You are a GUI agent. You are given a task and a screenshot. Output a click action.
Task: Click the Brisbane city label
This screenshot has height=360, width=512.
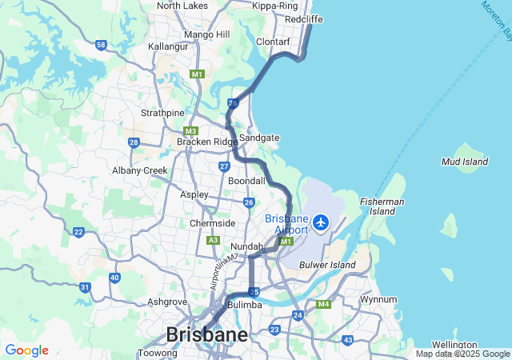[206, 334]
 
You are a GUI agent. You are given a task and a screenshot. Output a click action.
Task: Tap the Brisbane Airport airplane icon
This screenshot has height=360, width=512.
[322, 222]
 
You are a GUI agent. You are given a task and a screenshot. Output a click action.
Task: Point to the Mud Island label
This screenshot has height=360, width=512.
[465, 162]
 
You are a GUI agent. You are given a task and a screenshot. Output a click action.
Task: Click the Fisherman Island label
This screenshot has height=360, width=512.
[382, 206]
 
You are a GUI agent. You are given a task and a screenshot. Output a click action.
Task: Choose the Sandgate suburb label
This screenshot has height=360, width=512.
[259, 138]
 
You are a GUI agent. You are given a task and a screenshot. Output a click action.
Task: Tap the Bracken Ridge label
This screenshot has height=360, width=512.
[208, 142]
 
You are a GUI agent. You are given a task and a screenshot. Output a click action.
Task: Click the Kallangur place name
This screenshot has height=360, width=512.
[168, 46]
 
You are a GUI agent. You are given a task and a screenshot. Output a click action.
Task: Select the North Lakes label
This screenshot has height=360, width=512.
[182, 6]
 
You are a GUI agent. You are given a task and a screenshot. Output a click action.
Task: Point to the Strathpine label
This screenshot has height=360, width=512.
[162, 113]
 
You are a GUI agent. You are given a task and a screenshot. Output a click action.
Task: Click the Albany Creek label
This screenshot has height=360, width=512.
[140, 170]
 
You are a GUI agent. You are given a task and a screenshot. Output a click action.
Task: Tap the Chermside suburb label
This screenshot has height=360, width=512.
[212, 223]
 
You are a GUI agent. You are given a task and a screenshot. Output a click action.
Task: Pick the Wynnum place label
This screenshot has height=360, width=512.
[378, 299]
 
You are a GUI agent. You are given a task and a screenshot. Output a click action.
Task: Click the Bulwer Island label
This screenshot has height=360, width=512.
[326, 265]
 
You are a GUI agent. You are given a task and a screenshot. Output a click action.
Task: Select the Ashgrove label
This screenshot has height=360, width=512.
[167, 302]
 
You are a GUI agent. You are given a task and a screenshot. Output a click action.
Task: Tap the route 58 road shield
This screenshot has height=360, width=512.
[101, 45]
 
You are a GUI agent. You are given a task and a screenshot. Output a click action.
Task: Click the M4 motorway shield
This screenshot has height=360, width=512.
[323, 304]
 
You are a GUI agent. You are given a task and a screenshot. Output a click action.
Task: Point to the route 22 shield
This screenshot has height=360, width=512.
[78, 232]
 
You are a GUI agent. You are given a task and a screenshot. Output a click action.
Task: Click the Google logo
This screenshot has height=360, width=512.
[26, 350]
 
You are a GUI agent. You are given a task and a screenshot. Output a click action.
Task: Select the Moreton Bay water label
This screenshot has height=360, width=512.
[497, 20]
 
